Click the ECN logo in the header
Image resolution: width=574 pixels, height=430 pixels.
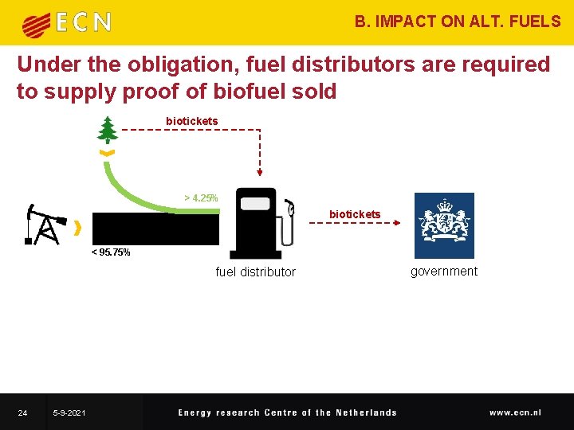(67, 23)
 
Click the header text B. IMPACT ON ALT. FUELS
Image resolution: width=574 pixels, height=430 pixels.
(458, 21)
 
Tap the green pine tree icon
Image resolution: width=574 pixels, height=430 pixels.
(107, 129)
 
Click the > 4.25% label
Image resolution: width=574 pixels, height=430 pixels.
(201, 198)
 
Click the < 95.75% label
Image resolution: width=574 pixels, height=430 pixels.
(111, 252)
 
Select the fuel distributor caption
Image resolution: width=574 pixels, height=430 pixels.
(255, 272)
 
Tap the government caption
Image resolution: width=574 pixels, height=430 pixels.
(444, 272)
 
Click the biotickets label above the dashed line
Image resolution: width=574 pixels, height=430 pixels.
(191, 121)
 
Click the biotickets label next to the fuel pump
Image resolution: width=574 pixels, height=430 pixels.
(355, 214)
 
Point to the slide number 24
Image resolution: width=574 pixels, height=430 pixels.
(23, 412)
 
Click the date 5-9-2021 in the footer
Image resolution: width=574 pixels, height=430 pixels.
(70, 412)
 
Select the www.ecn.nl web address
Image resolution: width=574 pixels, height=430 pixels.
(515, 412)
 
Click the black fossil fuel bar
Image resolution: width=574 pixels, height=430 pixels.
(155, 229)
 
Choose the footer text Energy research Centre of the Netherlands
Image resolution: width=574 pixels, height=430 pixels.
(287, 412)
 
